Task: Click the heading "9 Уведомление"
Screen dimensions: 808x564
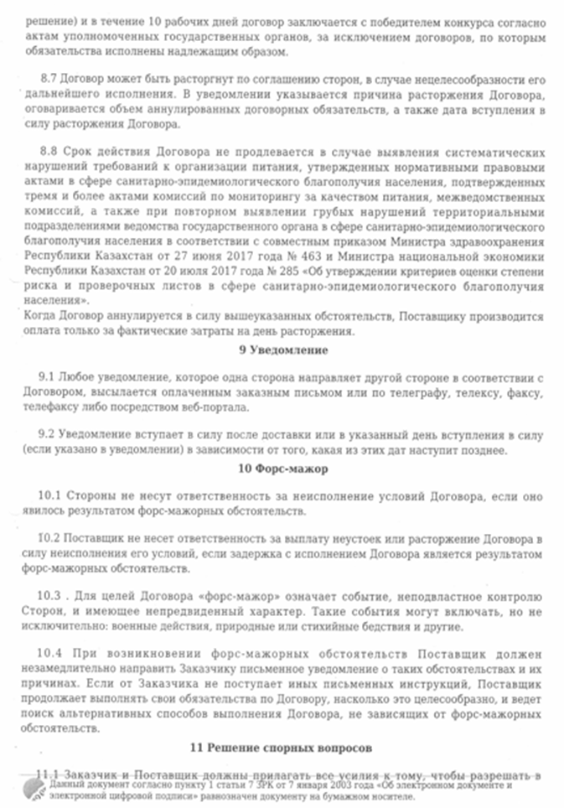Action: point(282,350)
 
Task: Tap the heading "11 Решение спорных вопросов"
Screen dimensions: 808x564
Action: point(282,746)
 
